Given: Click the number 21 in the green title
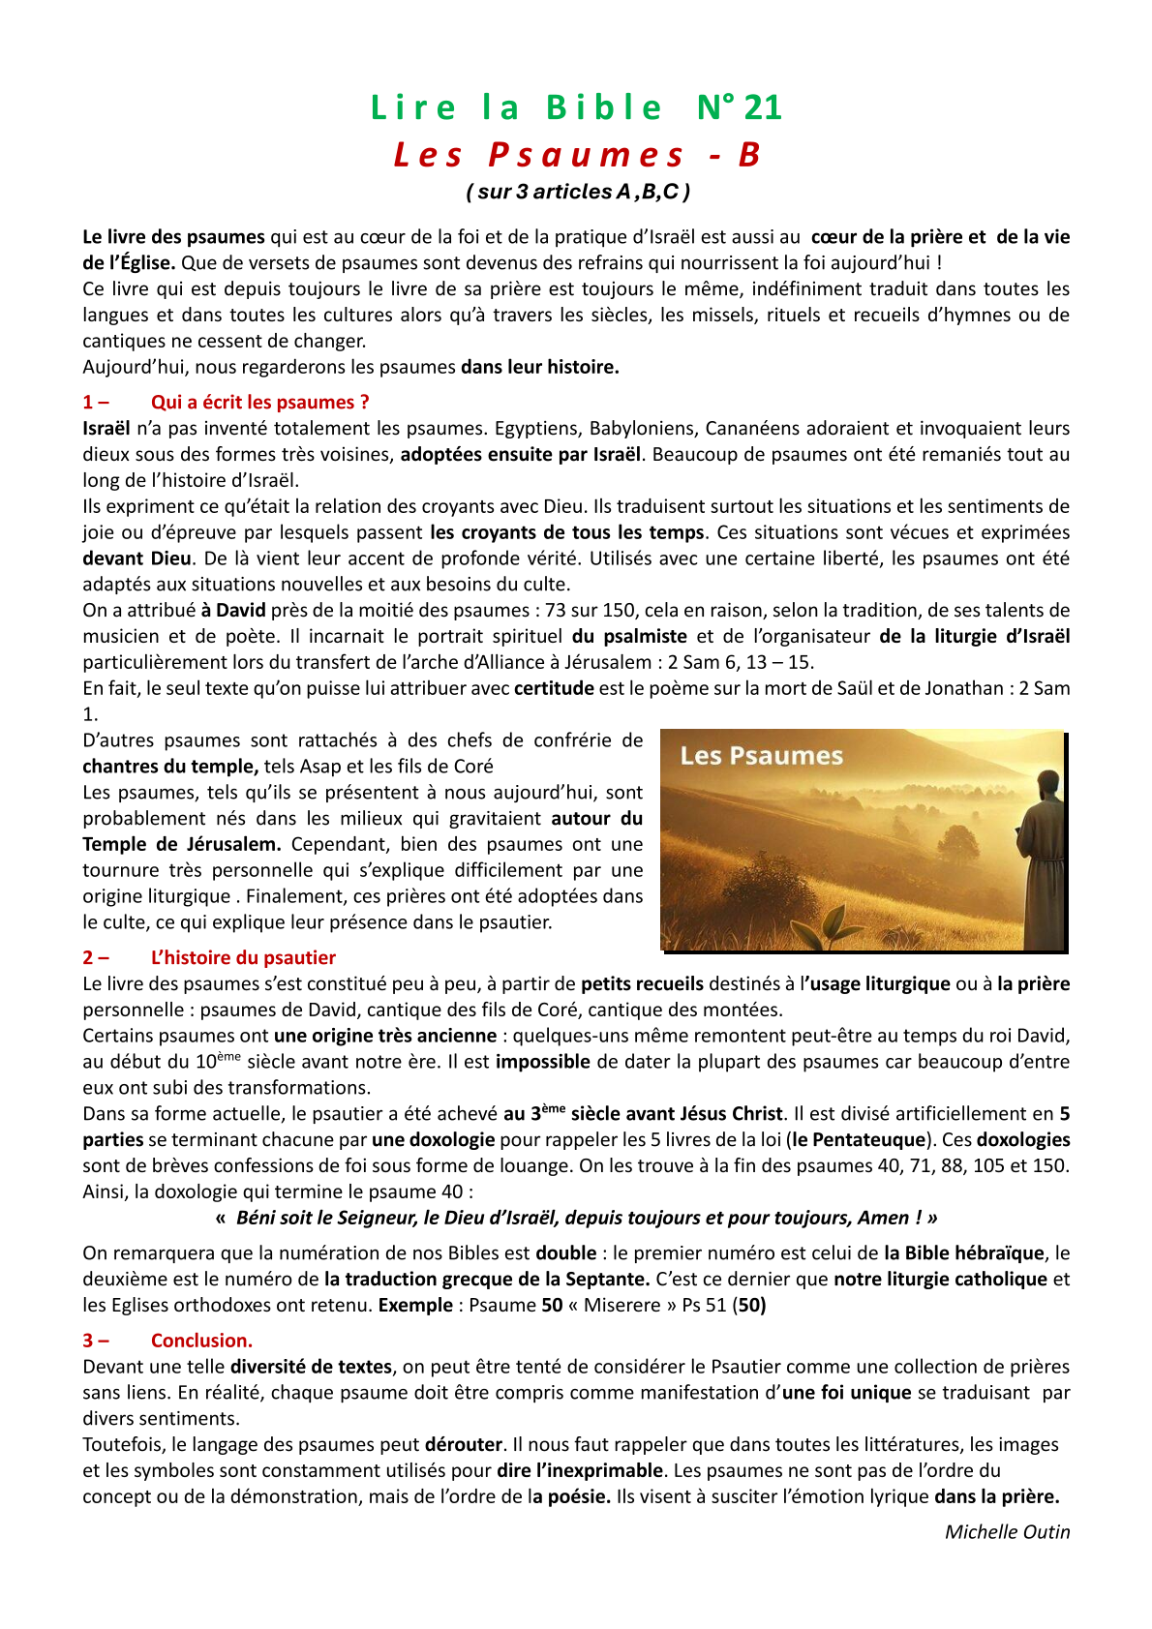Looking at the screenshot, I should (x=764, y=107).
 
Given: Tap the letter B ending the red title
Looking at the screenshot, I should (x=749, y=155).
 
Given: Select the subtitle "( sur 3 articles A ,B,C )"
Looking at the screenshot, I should (x=578, y=192).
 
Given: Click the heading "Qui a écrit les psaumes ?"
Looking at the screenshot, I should (x=259, y=403).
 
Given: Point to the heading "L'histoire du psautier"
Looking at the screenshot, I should (x=243, y=957).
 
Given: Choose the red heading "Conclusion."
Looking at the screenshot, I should (x=201, y=1341).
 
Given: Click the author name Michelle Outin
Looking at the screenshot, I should (x=1007, y=1532).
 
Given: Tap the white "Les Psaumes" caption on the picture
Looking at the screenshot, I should (x=761, y=756).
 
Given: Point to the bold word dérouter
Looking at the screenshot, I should (x=464, y=1445).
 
